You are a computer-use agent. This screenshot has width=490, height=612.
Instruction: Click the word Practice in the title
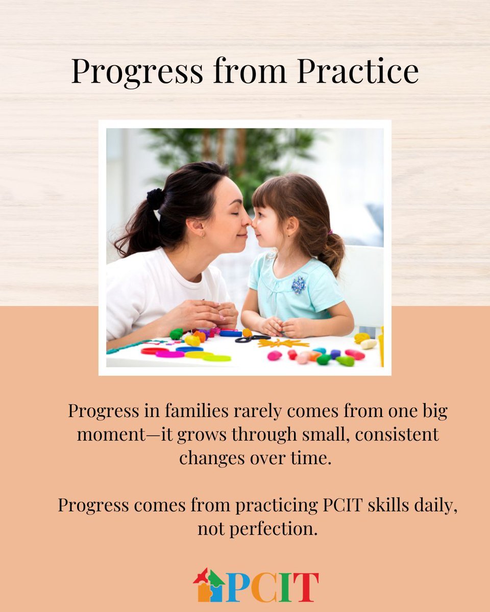[x=357, y=71]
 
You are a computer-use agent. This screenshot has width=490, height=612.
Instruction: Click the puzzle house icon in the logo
[x=209, y=585]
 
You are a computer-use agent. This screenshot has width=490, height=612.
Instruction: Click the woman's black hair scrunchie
[x=155, y=198]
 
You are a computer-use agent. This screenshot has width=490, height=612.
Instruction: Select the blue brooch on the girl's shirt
[x=299, y=284]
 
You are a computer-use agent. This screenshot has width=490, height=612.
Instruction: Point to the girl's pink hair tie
[x=330, y=233]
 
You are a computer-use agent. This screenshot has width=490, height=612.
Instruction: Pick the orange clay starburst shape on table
[x=282, y=343]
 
